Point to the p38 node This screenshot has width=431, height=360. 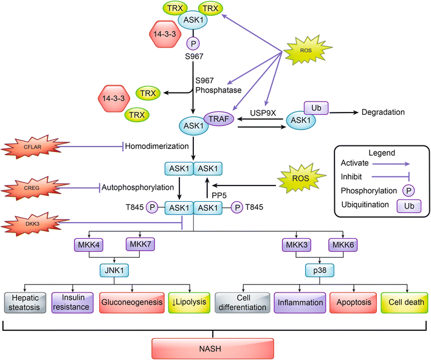[x=319, y=269]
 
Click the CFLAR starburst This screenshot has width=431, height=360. [x=34, y=147]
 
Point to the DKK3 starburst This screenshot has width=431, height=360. [x=34, y=224]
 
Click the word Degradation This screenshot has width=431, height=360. [x=382, y=112]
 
